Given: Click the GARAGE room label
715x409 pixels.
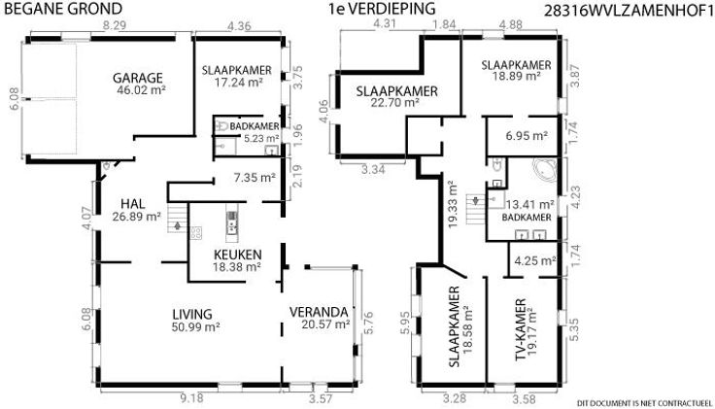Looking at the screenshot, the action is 138,78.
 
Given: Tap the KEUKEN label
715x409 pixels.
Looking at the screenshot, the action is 238,255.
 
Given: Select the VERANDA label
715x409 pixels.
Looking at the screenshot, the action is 319,312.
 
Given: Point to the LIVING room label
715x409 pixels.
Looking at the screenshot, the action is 192,314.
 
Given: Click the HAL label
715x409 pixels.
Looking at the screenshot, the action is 133,204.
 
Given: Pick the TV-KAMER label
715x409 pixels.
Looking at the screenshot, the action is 521,329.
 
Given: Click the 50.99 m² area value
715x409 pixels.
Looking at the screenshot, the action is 196,327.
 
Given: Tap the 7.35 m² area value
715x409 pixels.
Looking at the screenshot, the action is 255,178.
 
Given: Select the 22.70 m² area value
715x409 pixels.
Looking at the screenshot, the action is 394,103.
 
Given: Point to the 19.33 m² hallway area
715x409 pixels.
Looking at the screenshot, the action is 453,205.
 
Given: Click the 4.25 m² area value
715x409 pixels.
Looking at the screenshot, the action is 535,261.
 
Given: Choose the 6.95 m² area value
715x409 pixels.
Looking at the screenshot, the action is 527,135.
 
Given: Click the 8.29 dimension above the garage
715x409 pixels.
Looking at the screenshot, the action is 114,25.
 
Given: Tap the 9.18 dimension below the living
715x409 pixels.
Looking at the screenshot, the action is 191,398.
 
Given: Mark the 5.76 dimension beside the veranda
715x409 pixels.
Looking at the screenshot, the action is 368,323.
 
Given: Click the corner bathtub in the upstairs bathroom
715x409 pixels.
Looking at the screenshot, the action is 544,171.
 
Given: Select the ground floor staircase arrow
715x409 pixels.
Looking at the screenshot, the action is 178,225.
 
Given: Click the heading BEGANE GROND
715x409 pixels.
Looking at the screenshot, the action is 63,9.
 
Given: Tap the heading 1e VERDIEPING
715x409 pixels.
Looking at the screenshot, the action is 382,9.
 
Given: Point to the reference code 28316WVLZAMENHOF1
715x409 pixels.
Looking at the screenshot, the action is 629,12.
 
